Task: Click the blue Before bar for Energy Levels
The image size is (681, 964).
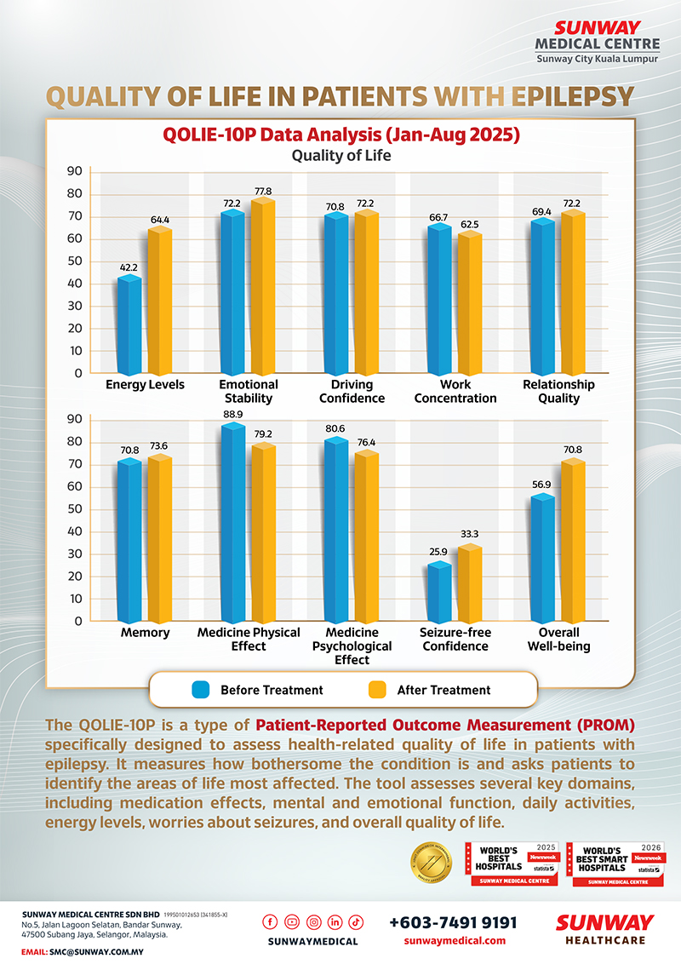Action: click(129, 326)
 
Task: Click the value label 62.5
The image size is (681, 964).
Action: click(469, 225)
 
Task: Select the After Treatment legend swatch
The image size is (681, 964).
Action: click(377, 690)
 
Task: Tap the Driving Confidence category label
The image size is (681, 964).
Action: click(346, 392)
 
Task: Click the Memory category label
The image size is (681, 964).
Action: click(144, 633)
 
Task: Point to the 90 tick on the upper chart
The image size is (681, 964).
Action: click(75, 171)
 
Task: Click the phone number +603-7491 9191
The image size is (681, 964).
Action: click(453, 922)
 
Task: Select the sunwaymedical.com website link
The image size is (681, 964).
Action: click(453, 941)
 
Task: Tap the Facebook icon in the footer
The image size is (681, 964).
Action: click(272, 922)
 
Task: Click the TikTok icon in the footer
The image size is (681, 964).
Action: click(356, 922)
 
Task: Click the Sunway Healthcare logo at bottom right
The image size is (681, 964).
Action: click(604, 930)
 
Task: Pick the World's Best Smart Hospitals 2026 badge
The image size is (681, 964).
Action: click(615, 864)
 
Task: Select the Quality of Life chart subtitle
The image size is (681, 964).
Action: click(340, 155)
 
